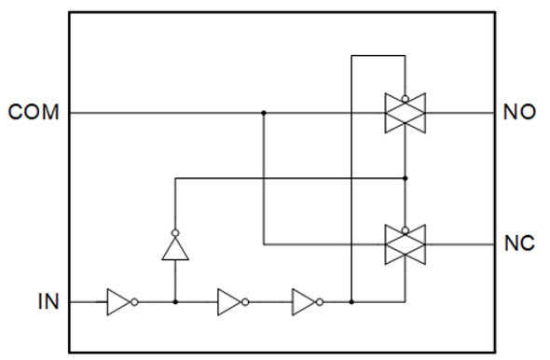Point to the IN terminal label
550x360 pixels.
click(47, 302)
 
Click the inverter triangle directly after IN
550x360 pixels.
click(118, 302)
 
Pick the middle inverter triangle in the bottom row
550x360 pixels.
click(228, 302)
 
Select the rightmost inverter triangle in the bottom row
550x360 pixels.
click(303, 302)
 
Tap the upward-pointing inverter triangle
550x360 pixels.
click(174, 247)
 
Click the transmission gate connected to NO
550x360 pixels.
click(405, 114)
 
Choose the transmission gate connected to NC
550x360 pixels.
click(405, 245)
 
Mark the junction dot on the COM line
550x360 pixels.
click(264, 114)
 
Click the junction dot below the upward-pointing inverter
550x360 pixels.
click(174, 302)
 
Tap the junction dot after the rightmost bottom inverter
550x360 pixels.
click(351, 302)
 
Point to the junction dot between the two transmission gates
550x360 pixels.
click(405, 177)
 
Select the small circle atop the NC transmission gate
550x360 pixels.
click(405, 227)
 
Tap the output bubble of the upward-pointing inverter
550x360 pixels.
click(174, 231)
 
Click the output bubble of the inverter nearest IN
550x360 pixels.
click(135, 302)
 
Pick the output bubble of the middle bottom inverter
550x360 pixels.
click(245, 302)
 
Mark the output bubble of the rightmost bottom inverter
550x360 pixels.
click(320, 302)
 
